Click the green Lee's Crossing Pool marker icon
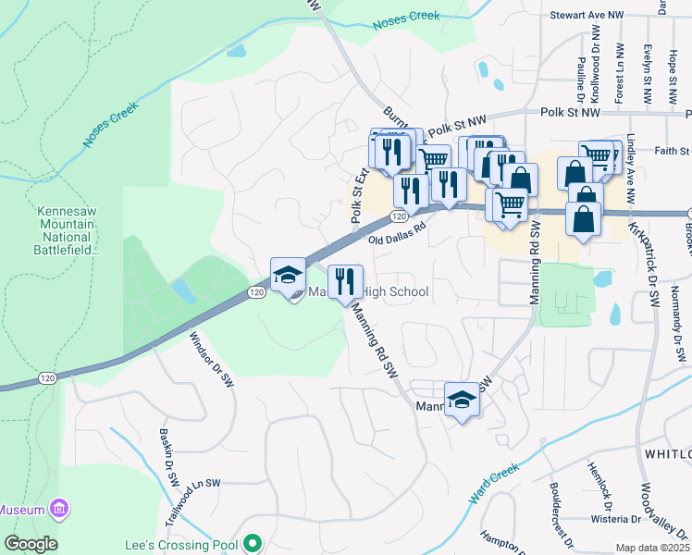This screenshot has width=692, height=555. tap(250, 545)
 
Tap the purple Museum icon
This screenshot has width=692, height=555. tap(60, 509)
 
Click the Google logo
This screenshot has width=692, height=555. tap(31, 544)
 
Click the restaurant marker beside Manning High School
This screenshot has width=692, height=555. tap(345, 281)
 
